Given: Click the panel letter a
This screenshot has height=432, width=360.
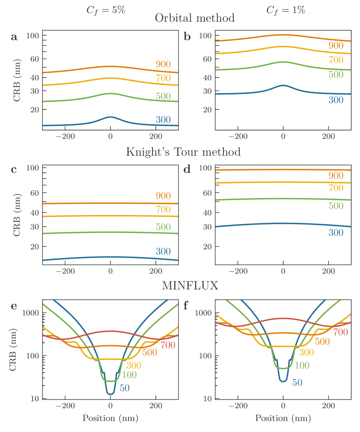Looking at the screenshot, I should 14,37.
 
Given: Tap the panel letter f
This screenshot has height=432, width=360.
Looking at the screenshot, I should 186,306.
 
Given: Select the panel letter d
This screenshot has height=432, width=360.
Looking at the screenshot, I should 187,169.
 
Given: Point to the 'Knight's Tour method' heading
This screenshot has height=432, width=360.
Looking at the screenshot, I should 183,153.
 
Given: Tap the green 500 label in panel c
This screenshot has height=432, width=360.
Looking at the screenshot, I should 164,226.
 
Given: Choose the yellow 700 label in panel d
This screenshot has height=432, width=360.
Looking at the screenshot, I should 335,188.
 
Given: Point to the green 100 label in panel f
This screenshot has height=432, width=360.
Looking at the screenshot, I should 302,365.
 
